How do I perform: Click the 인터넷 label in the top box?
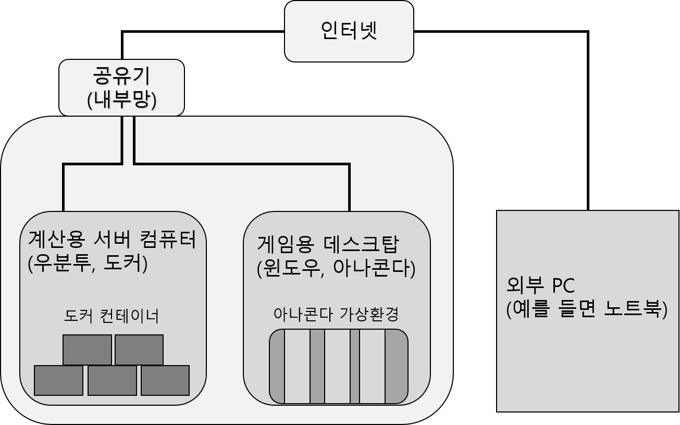349,31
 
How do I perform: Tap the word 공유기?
121,76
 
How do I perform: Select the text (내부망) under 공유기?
121,99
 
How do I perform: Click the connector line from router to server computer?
64,187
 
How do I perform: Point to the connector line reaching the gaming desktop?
349,187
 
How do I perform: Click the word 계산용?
56,240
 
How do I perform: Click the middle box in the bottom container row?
112,380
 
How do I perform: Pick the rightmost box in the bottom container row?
165,380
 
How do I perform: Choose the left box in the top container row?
87,349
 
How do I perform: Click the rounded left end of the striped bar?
277,366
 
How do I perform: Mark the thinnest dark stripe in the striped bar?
354,366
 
